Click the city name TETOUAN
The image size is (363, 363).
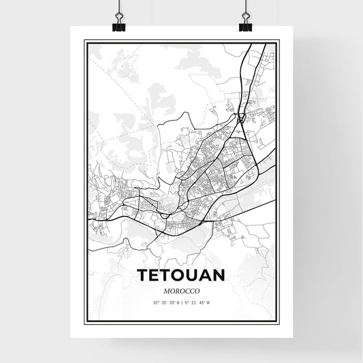pos(181,276)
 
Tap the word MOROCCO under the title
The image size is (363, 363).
pos(181,289)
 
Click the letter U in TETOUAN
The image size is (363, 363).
pos(194,276)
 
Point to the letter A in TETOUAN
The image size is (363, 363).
pos(208,276)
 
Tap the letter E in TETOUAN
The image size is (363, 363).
pos(155,276)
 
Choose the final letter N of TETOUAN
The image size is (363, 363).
pos(223,276)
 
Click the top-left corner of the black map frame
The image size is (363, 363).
pos(85,42)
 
